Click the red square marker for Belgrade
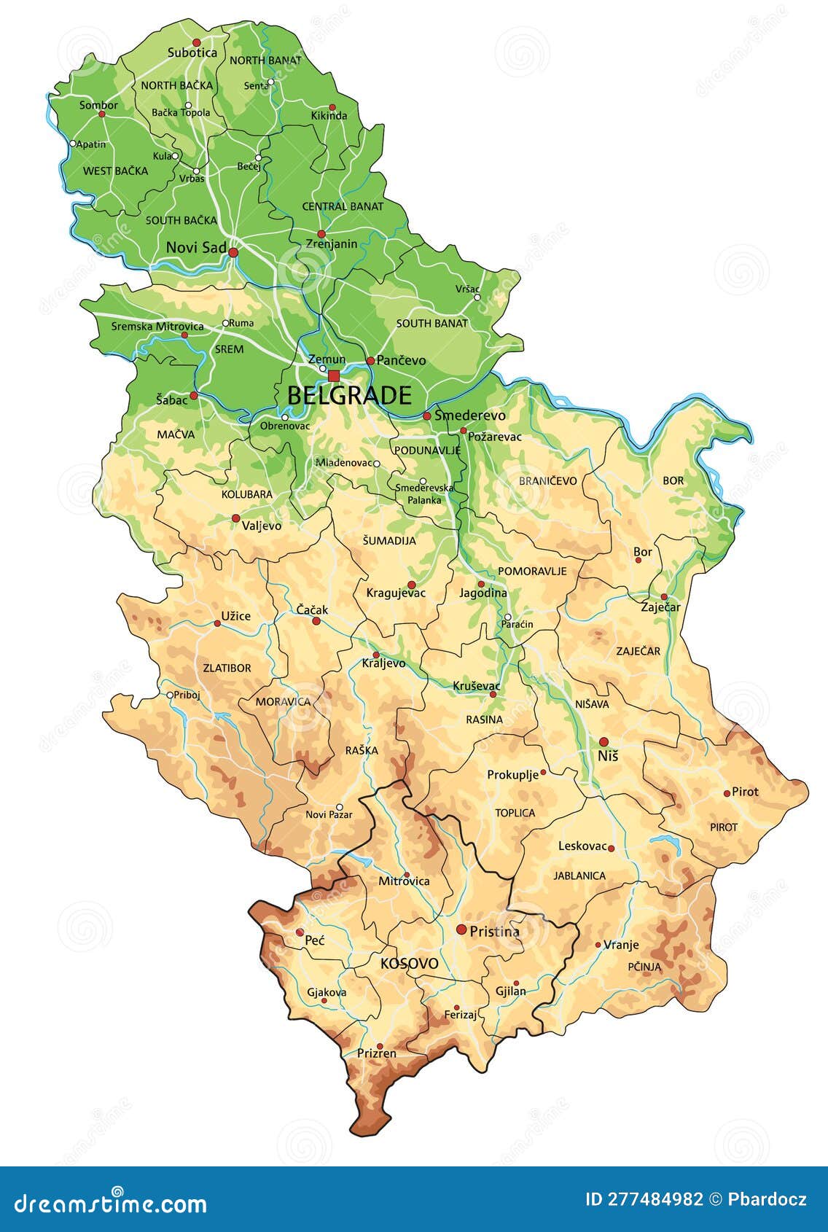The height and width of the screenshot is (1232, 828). [334, 375]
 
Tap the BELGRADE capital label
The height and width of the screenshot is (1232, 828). [349, 396]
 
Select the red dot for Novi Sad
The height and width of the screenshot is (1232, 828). [233, 252]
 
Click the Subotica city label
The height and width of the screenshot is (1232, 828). [192, 52]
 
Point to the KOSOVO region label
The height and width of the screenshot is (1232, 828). [410, 964]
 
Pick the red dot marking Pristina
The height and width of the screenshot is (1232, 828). [461, 929]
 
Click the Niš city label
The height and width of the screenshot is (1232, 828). [608, 756]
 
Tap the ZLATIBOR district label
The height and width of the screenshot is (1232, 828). [227, 668]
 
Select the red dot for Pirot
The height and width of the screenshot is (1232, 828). [727, 793]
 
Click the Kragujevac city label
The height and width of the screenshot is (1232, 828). [396, 593]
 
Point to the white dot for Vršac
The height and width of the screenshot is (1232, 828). [477, 297]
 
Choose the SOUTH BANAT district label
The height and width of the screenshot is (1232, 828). [432, 323]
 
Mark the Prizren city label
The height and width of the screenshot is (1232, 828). [377, 1053]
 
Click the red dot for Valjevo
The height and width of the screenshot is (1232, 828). [235, 518]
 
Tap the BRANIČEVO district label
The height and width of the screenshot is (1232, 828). [548, 480]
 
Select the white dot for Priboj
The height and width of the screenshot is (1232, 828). [170, 695]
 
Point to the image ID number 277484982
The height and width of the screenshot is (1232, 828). [644, 1199]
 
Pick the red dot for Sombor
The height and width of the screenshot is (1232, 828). [102, 114]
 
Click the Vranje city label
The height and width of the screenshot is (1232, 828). [621, 945]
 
